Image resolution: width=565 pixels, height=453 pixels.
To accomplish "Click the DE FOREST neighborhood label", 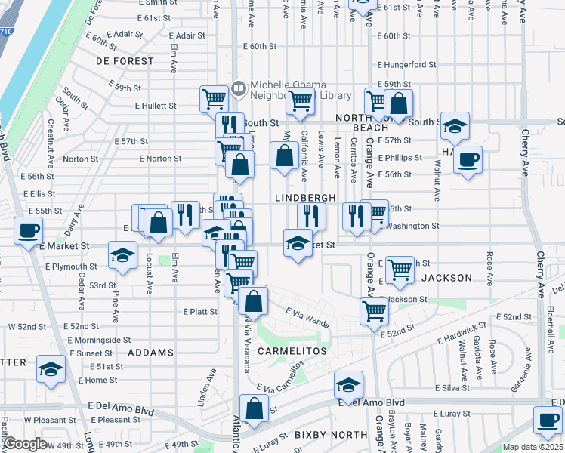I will pos(125,61).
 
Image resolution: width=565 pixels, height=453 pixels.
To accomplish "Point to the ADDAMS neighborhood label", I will pos(150,353).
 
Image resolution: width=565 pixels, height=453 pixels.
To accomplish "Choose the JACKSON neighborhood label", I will pos(446,278).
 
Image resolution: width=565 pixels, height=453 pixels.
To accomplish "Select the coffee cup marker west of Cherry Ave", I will pos(468,159).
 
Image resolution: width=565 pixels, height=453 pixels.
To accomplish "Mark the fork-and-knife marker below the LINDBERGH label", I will pos(311,216).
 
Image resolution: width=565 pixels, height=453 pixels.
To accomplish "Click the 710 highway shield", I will pos(4,32).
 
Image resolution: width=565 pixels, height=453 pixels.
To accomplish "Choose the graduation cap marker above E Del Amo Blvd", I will pos(348,386).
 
